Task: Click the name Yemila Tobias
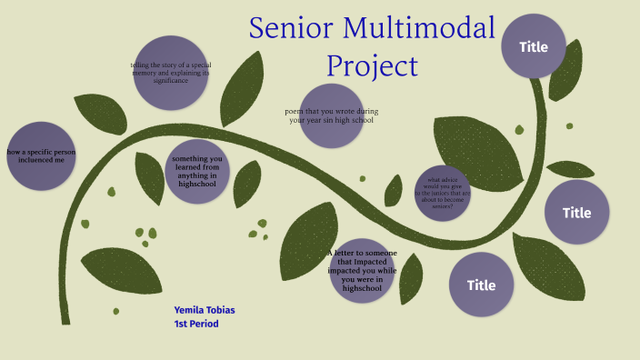click(x=205, y=310)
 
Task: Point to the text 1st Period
click(x=196, y=324)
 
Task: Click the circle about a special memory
click(x=171, y=73)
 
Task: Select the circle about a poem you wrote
click(x=331, y=115)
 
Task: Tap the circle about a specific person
click(x=41, y=155)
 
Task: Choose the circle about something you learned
click(x=197, y=171)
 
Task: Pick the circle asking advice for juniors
click(x=443, y=193)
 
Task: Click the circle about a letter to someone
click(x=362, y=269)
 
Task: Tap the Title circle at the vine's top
click(x=533, y=46)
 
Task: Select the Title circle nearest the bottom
click(x=481, y=285)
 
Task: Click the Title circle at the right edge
click(x=576, y=213)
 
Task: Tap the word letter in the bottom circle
click(x=352, y=252)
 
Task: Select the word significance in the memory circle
click(x=171, y=81)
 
